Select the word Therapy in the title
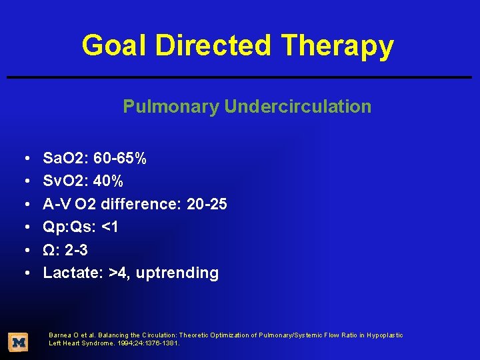click(x=338, y=46)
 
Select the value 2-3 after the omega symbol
click(x=76, y=250)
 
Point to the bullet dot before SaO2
click(x=24, y=159)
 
